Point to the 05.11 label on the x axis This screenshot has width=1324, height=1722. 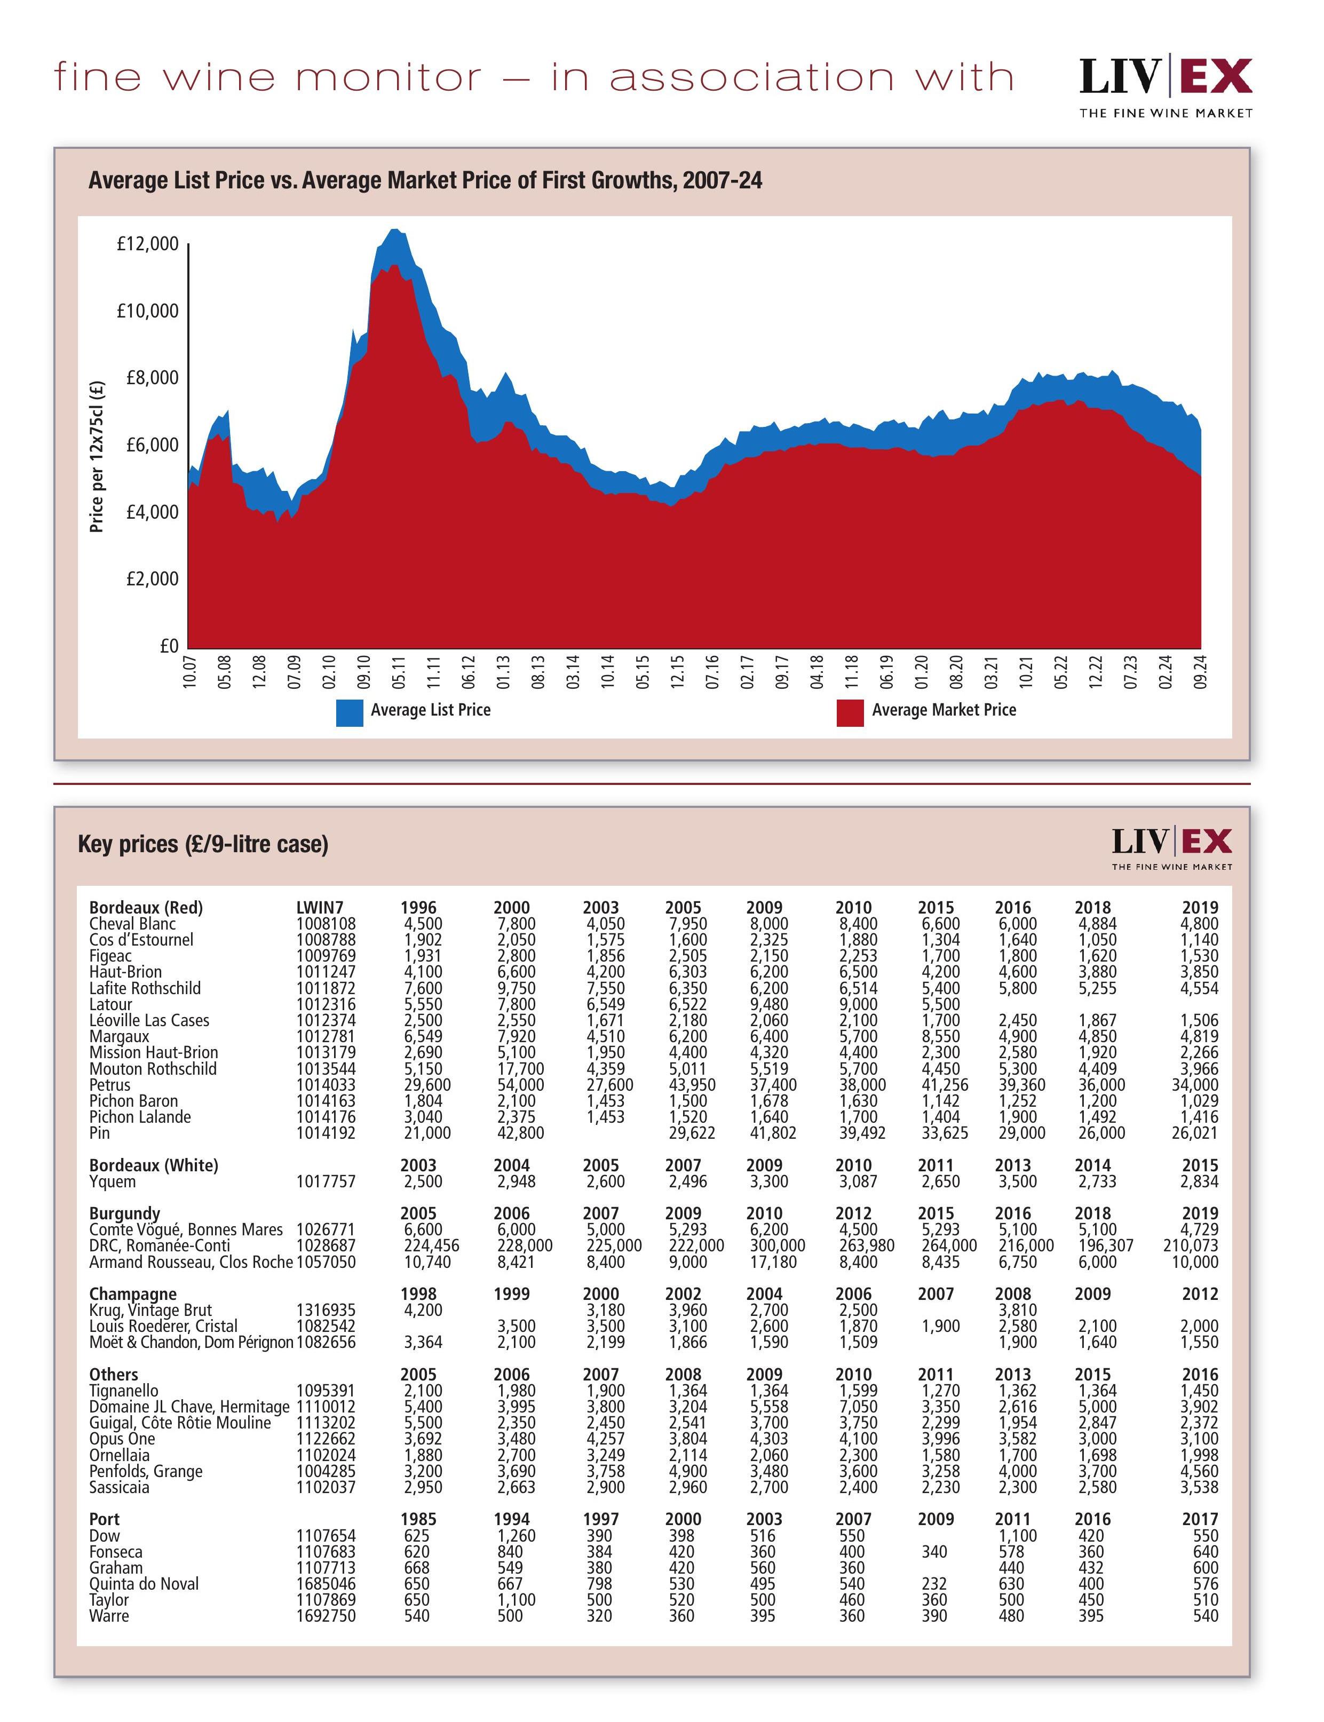(399, 671)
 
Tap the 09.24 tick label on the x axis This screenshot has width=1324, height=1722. (1200, 671)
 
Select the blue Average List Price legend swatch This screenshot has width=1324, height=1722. (349, 712)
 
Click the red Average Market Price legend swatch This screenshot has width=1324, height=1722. (850, 712)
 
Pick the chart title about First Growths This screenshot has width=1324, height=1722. (425, 180)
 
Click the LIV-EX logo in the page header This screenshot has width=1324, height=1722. (1165, 86)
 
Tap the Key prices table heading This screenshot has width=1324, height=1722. (203, 844)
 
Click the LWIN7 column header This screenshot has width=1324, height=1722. (320, 908)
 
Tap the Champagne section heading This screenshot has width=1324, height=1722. (132, 1294)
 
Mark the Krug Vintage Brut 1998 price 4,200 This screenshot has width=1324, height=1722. (423, 1310)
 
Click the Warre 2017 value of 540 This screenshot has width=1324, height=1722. (1205, 1616)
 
